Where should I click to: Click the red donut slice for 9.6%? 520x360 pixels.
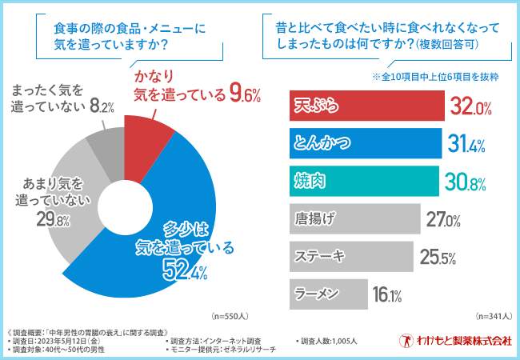[x=147, y=137]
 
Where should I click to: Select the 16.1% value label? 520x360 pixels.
[x=387, y=294]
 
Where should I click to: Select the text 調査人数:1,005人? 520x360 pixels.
[x=329, y=341]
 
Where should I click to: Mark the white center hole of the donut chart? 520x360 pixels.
[x=125, y=204]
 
